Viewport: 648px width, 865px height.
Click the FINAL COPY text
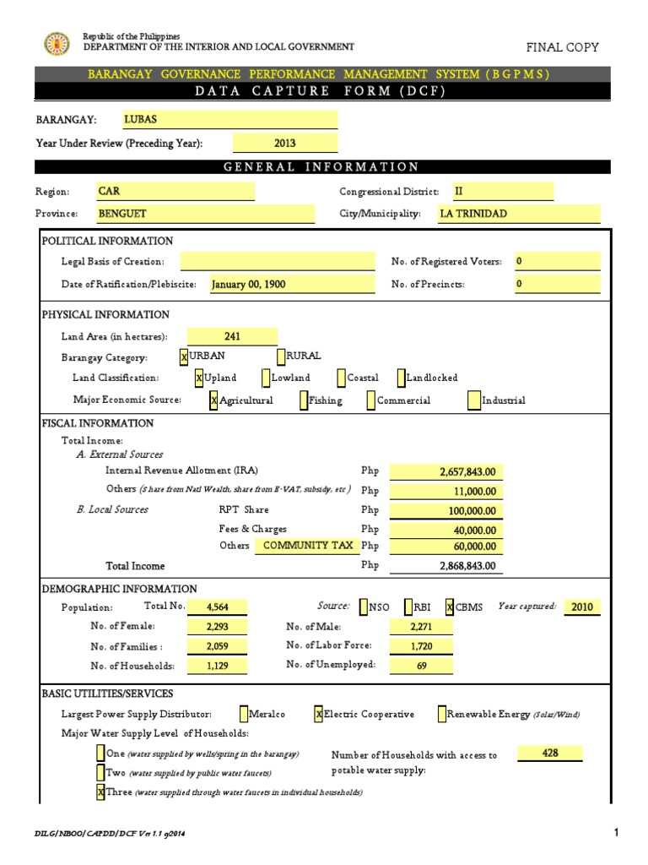[x=562, y=47]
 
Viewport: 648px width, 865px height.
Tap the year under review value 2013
[x=284, y=144]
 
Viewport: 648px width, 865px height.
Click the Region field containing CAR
[x=175, y=192]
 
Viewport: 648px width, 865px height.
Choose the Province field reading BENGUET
[x=204, y=214]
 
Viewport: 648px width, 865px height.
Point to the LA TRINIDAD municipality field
[x=494, y=214]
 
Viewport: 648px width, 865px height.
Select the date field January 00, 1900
[x=291, y=285]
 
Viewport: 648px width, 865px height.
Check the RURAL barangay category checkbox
[x=281, y=357]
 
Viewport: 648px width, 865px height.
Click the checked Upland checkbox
[x=199, y=378]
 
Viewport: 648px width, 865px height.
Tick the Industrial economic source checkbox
[x=474, y=401]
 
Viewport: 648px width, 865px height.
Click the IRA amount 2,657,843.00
[x=445, y=471]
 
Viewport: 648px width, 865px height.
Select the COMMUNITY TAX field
[x=307, y=546]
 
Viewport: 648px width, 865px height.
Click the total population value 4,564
[x=218, y=607]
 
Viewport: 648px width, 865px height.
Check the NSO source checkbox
[x=364, y=607]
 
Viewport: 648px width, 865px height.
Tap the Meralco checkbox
[x=244, y=715]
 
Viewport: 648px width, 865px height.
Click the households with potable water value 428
[x=550, y=753]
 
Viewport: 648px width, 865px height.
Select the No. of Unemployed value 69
[x=422, y=666]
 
